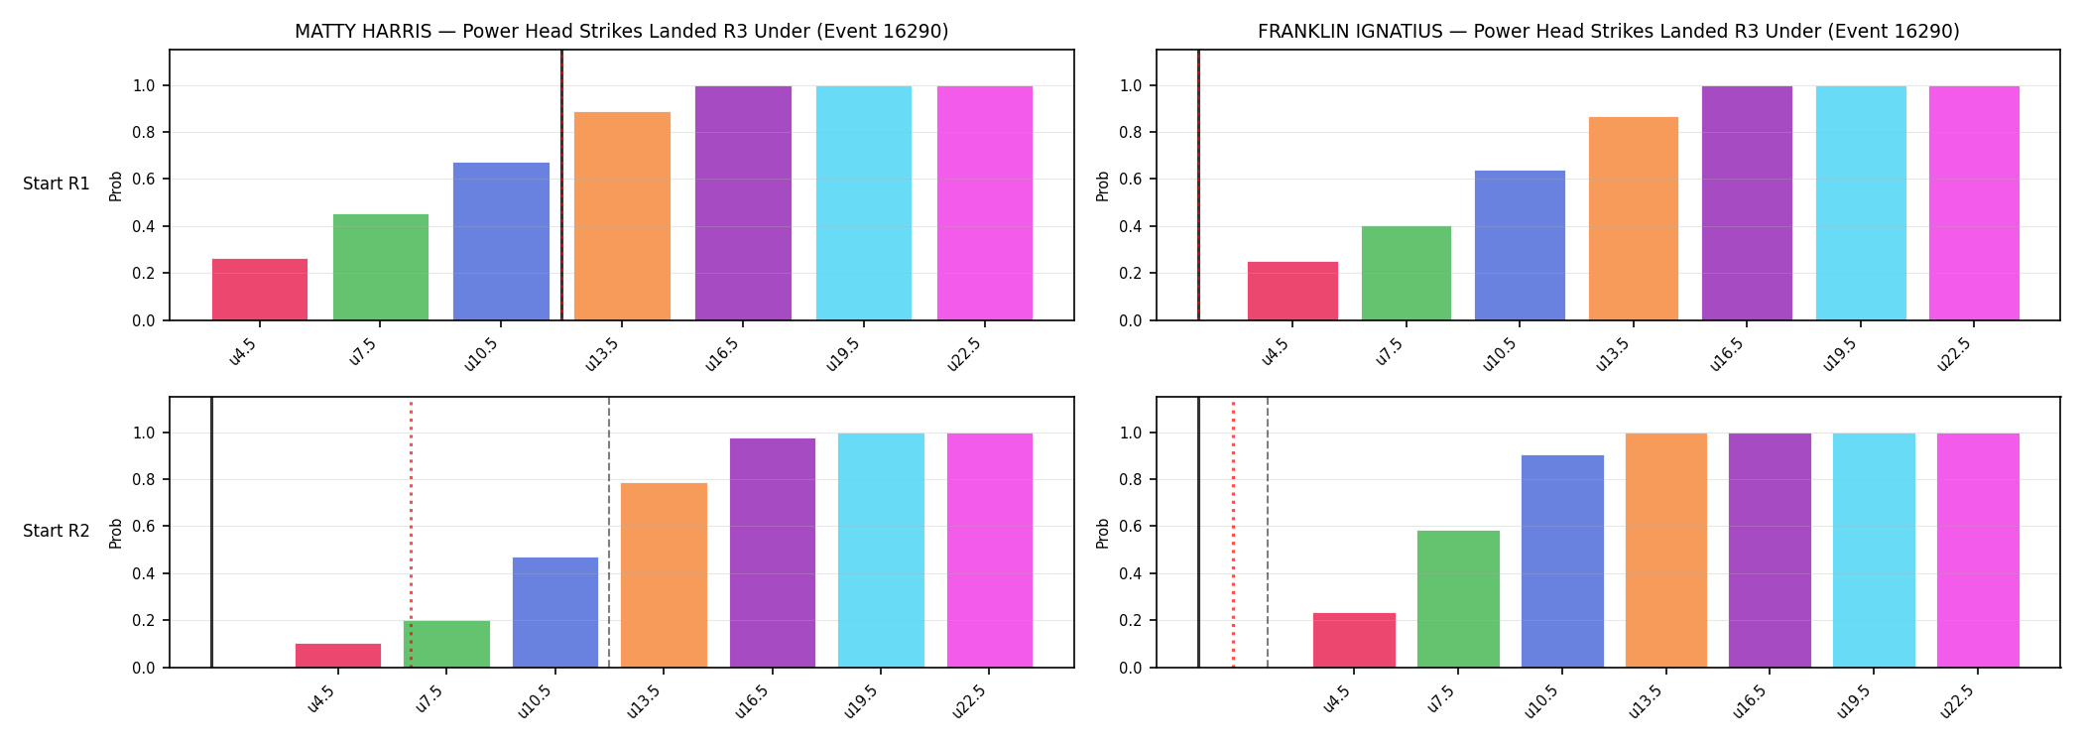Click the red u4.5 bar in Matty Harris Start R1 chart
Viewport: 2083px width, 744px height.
click(x=260, y=290)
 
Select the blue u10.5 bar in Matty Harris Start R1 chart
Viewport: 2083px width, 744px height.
click(x=501, y=241)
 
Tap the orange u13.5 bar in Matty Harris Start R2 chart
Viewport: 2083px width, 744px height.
click(x=664, y=575)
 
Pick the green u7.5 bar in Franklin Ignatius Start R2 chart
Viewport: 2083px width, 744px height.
click(x=1458, y=599)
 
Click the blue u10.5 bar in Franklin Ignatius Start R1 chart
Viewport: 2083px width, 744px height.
click(x=1520, y=245)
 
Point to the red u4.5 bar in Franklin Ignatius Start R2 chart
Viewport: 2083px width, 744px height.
click(x=1354, y=640)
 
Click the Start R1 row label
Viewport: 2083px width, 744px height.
click(x=57, y=184)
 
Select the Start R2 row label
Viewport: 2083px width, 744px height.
click(x=57, y=531)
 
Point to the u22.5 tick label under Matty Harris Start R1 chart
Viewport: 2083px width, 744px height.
click(x=964, y=354)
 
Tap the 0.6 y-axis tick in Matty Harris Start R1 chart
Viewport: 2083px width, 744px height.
click(x=144, y=180)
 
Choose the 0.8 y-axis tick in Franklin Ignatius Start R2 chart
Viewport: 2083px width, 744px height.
click(x=1131, y=480)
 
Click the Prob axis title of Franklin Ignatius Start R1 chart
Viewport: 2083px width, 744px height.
click(x=1103, y=186)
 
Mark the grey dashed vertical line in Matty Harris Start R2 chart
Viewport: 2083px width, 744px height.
click(x=609, y=533)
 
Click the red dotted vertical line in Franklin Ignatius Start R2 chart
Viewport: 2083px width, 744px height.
click(x=1233, y=533)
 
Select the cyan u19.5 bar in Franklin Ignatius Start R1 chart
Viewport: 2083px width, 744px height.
click(x=1861, y=203)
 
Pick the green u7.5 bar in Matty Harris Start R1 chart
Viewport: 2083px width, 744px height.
click(x=381, y=267)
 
